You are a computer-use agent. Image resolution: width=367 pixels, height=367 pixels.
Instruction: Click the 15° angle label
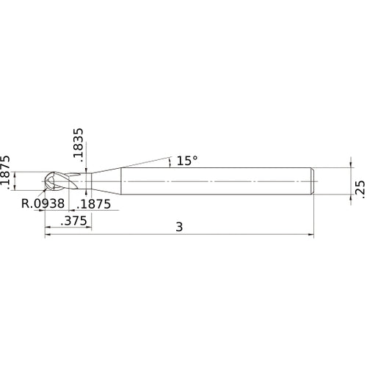click(187, 159)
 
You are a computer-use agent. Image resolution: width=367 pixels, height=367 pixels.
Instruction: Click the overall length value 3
click(179, 227)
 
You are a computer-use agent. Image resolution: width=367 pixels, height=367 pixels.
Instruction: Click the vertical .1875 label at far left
click(6, 172)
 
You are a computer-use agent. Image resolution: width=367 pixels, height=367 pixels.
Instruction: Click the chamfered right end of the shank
click(313, 181)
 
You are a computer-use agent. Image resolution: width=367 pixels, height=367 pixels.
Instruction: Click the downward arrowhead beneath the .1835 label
click(87, 170)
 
